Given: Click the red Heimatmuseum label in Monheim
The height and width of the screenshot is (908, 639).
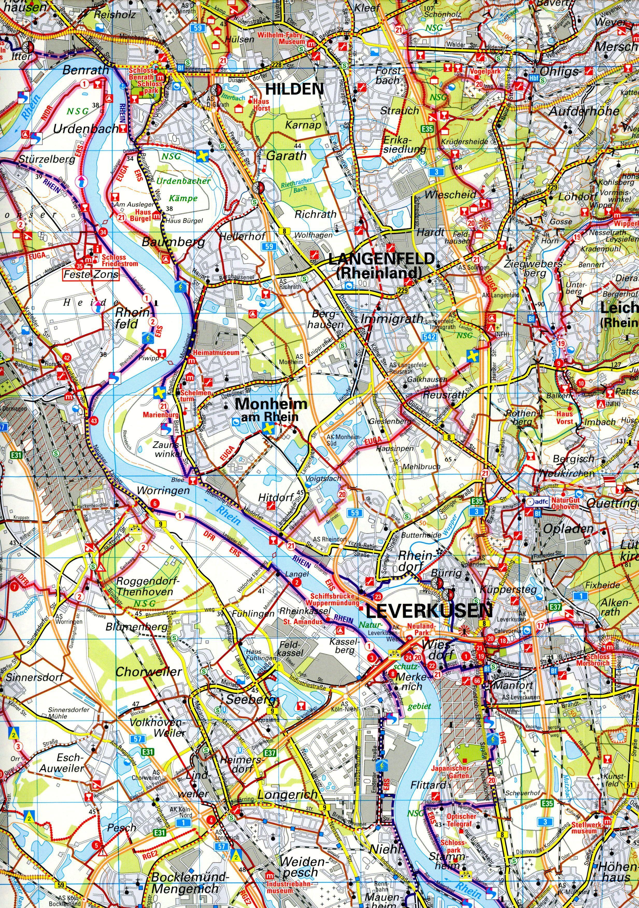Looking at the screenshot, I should pyautogui.click(x=215, y=352).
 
